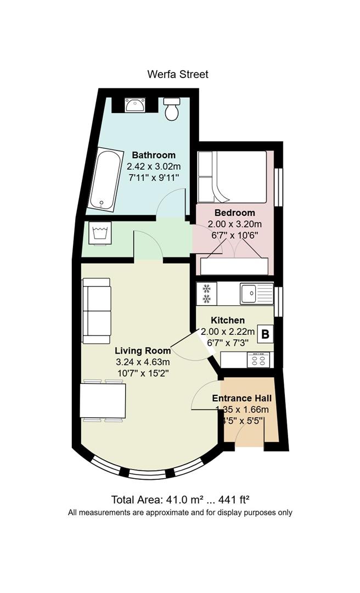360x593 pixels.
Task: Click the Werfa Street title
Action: (x=178, y=74)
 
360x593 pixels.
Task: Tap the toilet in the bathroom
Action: (x=172, y=109)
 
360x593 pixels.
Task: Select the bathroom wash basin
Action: (x=135, y=105)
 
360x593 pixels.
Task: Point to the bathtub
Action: (x=105, y=179)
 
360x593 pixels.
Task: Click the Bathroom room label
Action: (x=154, y=155)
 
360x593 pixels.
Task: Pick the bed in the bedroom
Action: (x=232, y=177)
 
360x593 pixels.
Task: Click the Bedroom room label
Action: (x=234, y=212)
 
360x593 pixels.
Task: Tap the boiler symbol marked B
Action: (x=266, y=334)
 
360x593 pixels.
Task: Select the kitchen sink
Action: (x=256, y=293)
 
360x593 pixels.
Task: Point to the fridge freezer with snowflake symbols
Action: (x=206, y=293)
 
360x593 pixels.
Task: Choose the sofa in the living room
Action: (x=97, y=311)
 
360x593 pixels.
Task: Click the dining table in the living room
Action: (x=103, y=400)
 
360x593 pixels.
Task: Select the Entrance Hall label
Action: (x=241, y=398)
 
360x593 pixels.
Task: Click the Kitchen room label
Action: (x=228, y=320)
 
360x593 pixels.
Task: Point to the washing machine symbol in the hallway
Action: (x=100, y=233)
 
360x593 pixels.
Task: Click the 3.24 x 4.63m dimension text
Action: (x=143, y=362)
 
